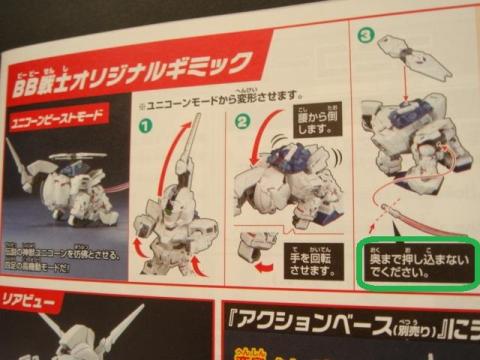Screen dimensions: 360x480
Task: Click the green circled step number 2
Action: point(241,125)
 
